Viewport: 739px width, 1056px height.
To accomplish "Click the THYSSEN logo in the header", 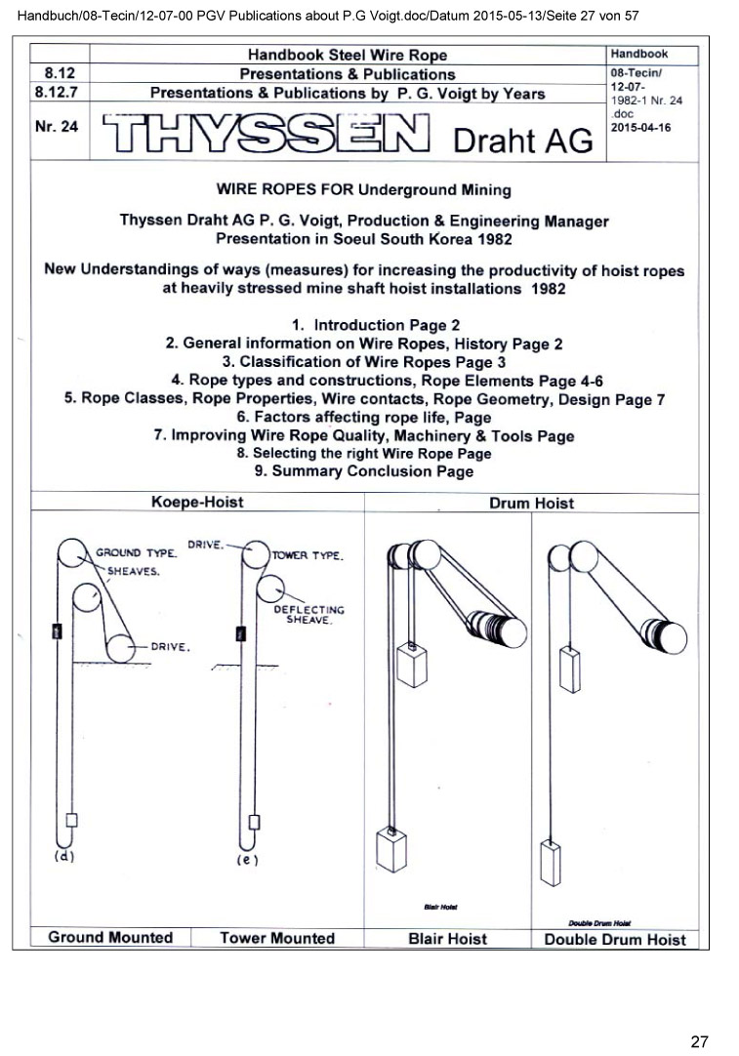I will (266, 135).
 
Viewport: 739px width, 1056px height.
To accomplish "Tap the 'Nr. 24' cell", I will (56, 127).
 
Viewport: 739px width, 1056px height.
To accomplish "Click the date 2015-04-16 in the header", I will (640, 128).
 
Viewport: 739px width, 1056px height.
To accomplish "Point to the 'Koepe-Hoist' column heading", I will (197, 503).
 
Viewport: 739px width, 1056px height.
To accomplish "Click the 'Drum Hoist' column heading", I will (531, 504).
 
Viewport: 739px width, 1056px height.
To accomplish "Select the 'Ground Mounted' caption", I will (110, 938).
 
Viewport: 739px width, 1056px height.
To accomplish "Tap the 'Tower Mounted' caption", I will (277, 939).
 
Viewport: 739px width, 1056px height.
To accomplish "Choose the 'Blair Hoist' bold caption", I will (448, 940).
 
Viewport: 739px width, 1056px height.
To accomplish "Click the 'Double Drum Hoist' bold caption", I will (615, 940).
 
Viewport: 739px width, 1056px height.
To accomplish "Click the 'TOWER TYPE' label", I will (307, 555).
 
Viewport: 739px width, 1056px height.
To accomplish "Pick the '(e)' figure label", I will (247, 860).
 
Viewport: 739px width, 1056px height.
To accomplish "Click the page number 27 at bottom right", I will (699, 1041).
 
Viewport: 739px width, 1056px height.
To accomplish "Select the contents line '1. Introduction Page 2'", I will (376, 325).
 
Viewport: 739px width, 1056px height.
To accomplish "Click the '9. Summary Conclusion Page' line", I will (363, 472).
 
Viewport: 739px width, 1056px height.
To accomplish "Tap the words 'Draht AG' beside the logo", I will (523, 141).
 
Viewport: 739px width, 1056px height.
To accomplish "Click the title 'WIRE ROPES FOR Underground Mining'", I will (363, 189).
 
